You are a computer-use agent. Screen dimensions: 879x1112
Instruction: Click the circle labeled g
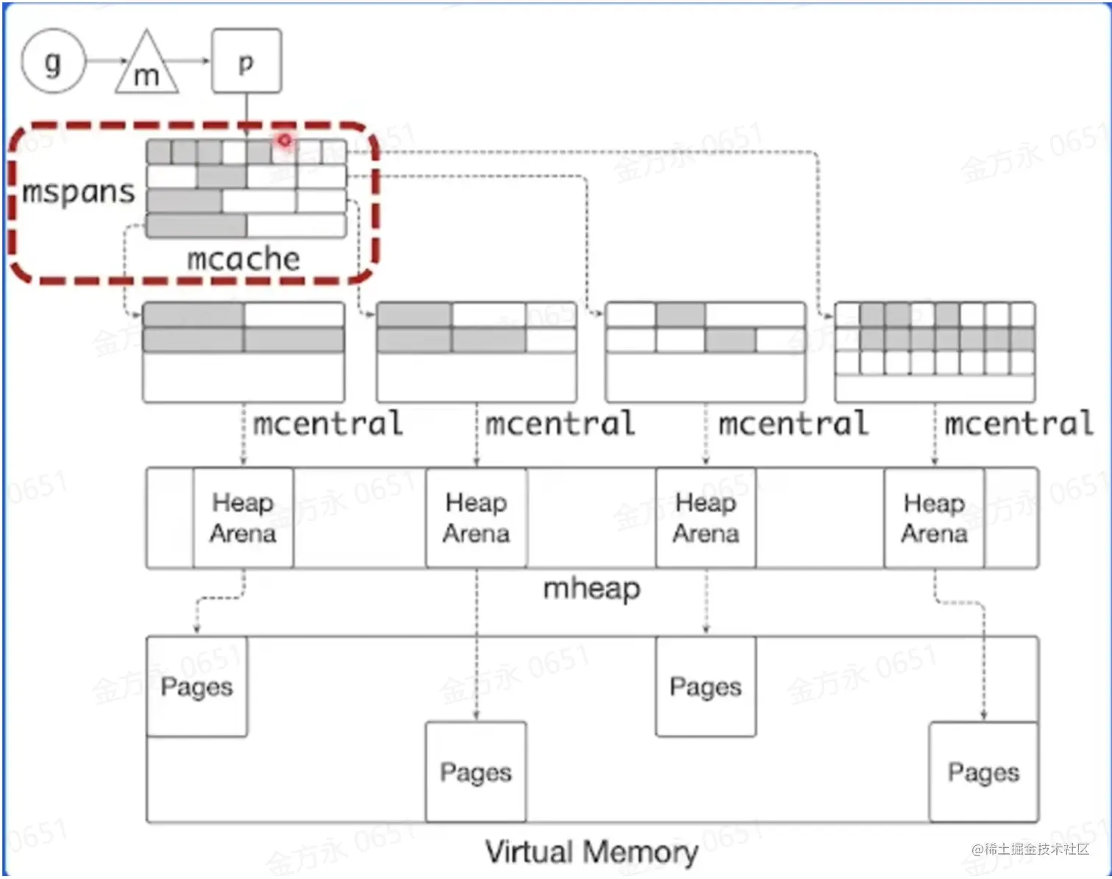[53, 61]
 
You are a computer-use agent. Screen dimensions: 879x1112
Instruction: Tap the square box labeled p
[246, 61]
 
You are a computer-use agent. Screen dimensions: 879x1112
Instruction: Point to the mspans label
[79, 191]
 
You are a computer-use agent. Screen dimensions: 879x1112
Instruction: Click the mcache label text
[243, 258]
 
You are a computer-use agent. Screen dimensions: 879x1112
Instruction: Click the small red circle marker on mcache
[285, 140]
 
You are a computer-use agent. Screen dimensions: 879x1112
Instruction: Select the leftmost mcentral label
[328, 424]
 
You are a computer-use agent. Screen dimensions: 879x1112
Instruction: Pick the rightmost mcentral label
[1019, 424]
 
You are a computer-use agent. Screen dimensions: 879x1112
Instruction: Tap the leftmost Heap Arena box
[243, 518]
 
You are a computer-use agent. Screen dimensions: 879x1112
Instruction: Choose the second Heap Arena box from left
[476, 518]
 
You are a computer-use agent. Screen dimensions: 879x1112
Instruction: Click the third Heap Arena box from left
[705, 518]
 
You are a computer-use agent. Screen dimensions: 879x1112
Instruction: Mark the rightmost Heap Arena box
[934, 518]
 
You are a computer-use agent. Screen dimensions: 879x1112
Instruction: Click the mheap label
[592, 588]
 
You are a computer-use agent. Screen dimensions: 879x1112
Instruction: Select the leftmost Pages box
[196, 686]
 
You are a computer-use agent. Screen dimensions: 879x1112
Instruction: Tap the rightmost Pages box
[983, 772]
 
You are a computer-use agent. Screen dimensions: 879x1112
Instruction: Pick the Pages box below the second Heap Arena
[476, 772]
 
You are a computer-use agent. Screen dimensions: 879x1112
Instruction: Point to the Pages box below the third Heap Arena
[705, 686]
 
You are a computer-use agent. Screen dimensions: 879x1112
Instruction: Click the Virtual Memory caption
[591, 852]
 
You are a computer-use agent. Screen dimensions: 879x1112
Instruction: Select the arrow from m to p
[193, 61]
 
